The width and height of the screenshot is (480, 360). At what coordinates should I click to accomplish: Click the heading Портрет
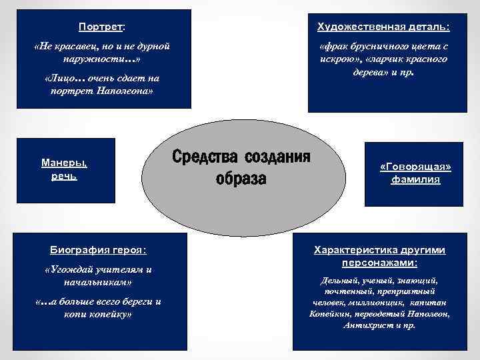(x=101, y=27)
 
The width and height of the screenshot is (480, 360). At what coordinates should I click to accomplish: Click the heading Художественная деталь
(x=383, y=27)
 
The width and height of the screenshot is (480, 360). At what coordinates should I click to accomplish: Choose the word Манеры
(x=64, y=162)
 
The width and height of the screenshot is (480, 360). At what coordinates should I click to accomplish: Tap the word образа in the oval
(x=241, y=179)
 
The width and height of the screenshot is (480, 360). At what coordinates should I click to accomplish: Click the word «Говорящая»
(x=415, y=167)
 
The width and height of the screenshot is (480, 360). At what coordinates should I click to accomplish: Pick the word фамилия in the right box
(x=415, y=179)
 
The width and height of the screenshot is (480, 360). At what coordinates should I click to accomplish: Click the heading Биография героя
(x=98, y=250)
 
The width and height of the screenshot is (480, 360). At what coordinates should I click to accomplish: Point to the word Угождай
(x=73, y=269)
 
